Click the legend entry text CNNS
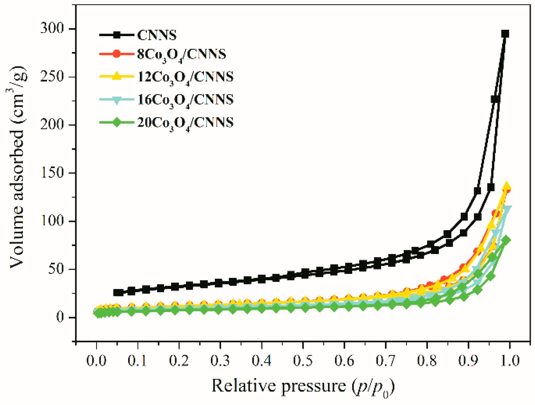[157, 35]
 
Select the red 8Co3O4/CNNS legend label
[181, 54]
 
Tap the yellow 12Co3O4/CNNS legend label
[185, 77]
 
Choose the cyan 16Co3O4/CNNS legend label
[185, 100]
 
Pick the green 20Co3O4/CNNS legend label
[185, 123]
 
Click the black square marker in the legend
[117, 35]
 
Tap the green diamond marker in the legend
[117, 122]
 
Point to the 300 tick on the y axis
[52, 29]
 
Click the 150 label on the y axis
[53, 173]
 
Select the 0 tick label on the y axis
[60, 317]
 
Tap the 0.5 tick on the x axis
[303, 361]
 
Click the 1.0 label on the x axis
[510, 361]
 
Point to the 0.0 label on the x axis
[96, 361]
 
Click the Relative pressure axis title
[303, 386]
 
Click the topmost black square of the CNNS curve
[505, 34]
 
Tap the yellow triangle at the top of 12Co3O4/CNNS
[506, 186]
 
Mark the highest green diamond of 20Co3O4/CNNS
[506, 240]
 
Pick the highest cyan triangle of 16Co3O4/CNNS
[507, 209]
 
